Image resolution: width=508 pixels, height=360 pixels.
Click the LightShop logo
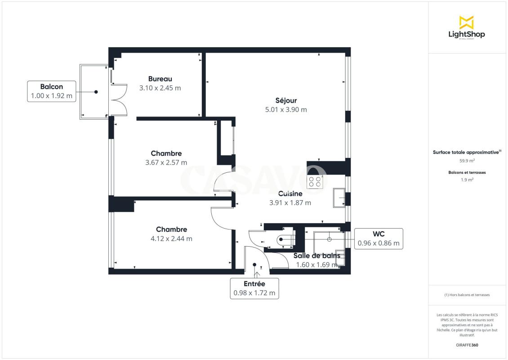pyautogui.click(x=467, y=27)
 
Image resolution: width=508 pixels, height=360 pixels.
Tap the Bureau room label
pyautogui.click(x=160, y=79)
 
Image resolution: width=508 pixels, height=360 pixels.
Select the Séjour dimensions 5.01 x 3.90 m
pyautogui.click(x=286, y=110)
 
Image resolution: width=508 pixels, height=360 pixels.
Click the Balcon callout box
pyautogui.click(x=52, y=91)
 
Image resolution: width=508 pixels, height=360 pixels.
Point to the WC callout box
pyautogui.click(x=379, y=238)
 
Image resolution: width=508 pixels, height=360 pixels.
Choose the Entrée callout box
pyautogui.click(x=254, y=288)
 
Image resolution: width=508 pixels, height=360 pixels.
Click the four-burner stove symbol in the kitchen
pyautogui.click(x=315, y=182)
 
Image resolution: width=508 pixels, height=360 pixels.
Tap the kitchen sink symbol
pyautogui.click(x=339, y=198)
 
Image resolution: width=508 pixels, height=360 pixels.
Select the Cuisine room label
pyautogui.click(x=290, y=193)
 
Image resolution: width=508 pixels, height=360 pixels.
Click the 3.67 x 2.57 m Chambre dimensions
pyautogui.click(x=166, y=162)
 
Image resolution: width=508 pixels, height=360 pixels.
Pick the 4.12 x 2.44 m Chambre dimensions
pyautogui.click(x=171, y=238)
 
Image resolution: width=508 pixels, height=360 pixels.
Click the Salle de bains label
pyautogui.click(x=317, y=256)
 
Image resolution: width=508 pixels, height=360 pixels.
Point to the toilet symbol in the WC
pyautogui.click(x=285, y=240)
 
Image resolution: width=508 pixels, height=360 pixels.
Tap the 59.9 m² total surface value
pyautogui.click(x=467, y=161)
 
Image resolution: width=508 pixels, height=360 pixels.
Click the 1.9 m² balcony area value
pyautogui.click(x=467, y=180)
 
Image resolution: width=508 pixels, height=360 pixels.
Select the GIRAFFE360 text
pyautogui.click(x=467, y=345)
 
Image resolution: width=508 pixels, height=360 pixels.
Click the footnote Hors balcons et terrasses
pyautogui.click(x=467, y=295)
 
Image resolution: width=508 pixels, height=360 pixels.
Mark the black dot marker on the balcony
pyautogui.click(x=96, y=92)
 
